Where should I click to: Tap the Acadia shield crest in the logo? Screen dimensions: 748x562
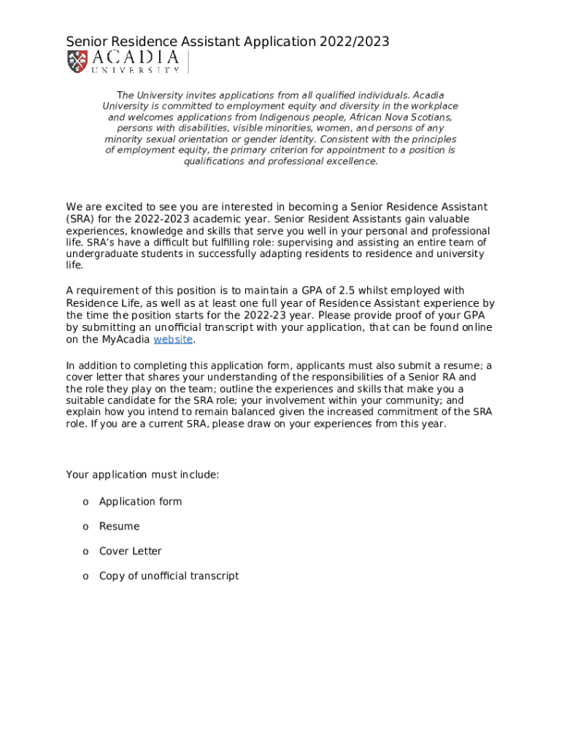[x=77, y=61]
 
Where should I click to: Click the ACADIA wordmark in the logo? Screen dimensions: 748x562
[x=135, y=58]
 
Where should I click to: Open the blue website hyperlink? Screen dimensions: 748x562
[x=173, y=339]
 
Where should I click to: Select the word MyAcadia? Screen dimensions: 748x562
[x=126, y=339]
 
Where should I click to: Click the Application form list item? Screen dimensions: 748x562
[x=140, y=501]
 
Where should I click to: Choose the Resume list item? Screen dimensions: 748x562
[x=119, y=526]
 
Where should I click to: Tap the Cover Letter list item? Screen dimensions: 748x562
[x=131, y=551]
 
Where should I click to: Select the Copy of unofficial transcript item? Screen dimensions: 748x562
[x=169, y=576]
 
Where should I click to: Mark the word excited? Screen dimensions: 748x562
[x=120, y=207]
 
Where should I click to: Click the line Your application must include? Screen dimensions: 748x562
[x=142, y=475]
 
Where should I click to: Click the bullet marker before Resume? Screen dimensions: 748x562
[x=85, y=526]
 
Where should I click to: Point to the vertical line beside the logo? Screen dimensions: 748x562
[x=188, y=62]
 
